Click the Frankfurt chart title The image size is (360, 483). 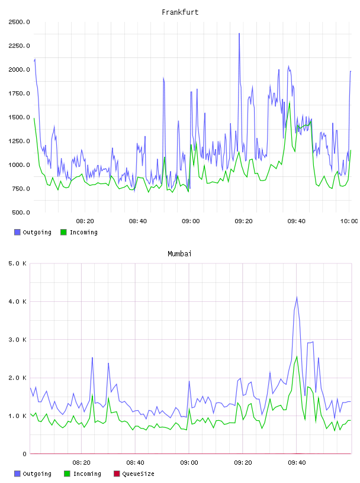[x=180, y=12]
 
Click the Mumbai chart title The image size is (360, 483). [x=179, y=254]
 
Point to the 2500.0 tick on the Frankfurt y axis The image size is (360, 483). [x=19, y=22]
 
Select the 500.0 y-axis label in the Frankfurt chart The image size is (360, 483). [x=21, y=212]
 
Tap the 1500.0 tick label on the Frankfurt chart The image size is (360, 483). [x=19, y=117]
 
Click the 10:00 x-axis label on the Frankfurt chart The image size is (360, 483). [x=349, y=221]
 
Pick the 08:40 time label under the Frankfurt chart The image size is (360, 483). [x=138, y=221]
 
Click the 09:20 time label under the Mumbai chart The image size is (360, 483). [x=243, y=463]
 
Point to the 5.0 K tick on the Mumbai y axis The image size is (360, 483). [x=17, y=263]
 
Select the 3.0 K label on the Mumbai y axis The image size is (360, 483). [x=17, y=340]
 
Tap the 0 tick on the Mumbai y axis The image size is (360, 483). [x=24, y=454]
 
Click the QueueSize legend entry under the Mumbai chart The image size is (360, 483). [x=134, y=474]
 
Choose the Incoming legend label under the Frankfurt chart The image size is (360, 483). [x=79, y=232]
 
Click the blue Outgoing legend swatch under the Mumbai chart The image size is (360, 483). [x=17, y=474]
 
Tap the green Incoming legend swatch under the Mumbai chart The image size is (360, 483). [x=67, y=474]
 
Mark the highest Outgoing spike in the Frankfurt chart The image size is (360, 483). [x=239, y=34]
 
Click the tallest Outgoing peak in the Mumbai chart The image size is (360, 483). [x=297, y=297]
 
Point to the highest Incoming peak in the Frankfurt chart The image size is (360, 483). [x=290, y=102]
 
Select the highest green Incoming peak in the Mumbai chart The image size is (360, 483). [x=297, y=356]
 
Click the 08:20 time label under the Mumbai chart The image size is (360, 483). [x=81, y=463]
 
